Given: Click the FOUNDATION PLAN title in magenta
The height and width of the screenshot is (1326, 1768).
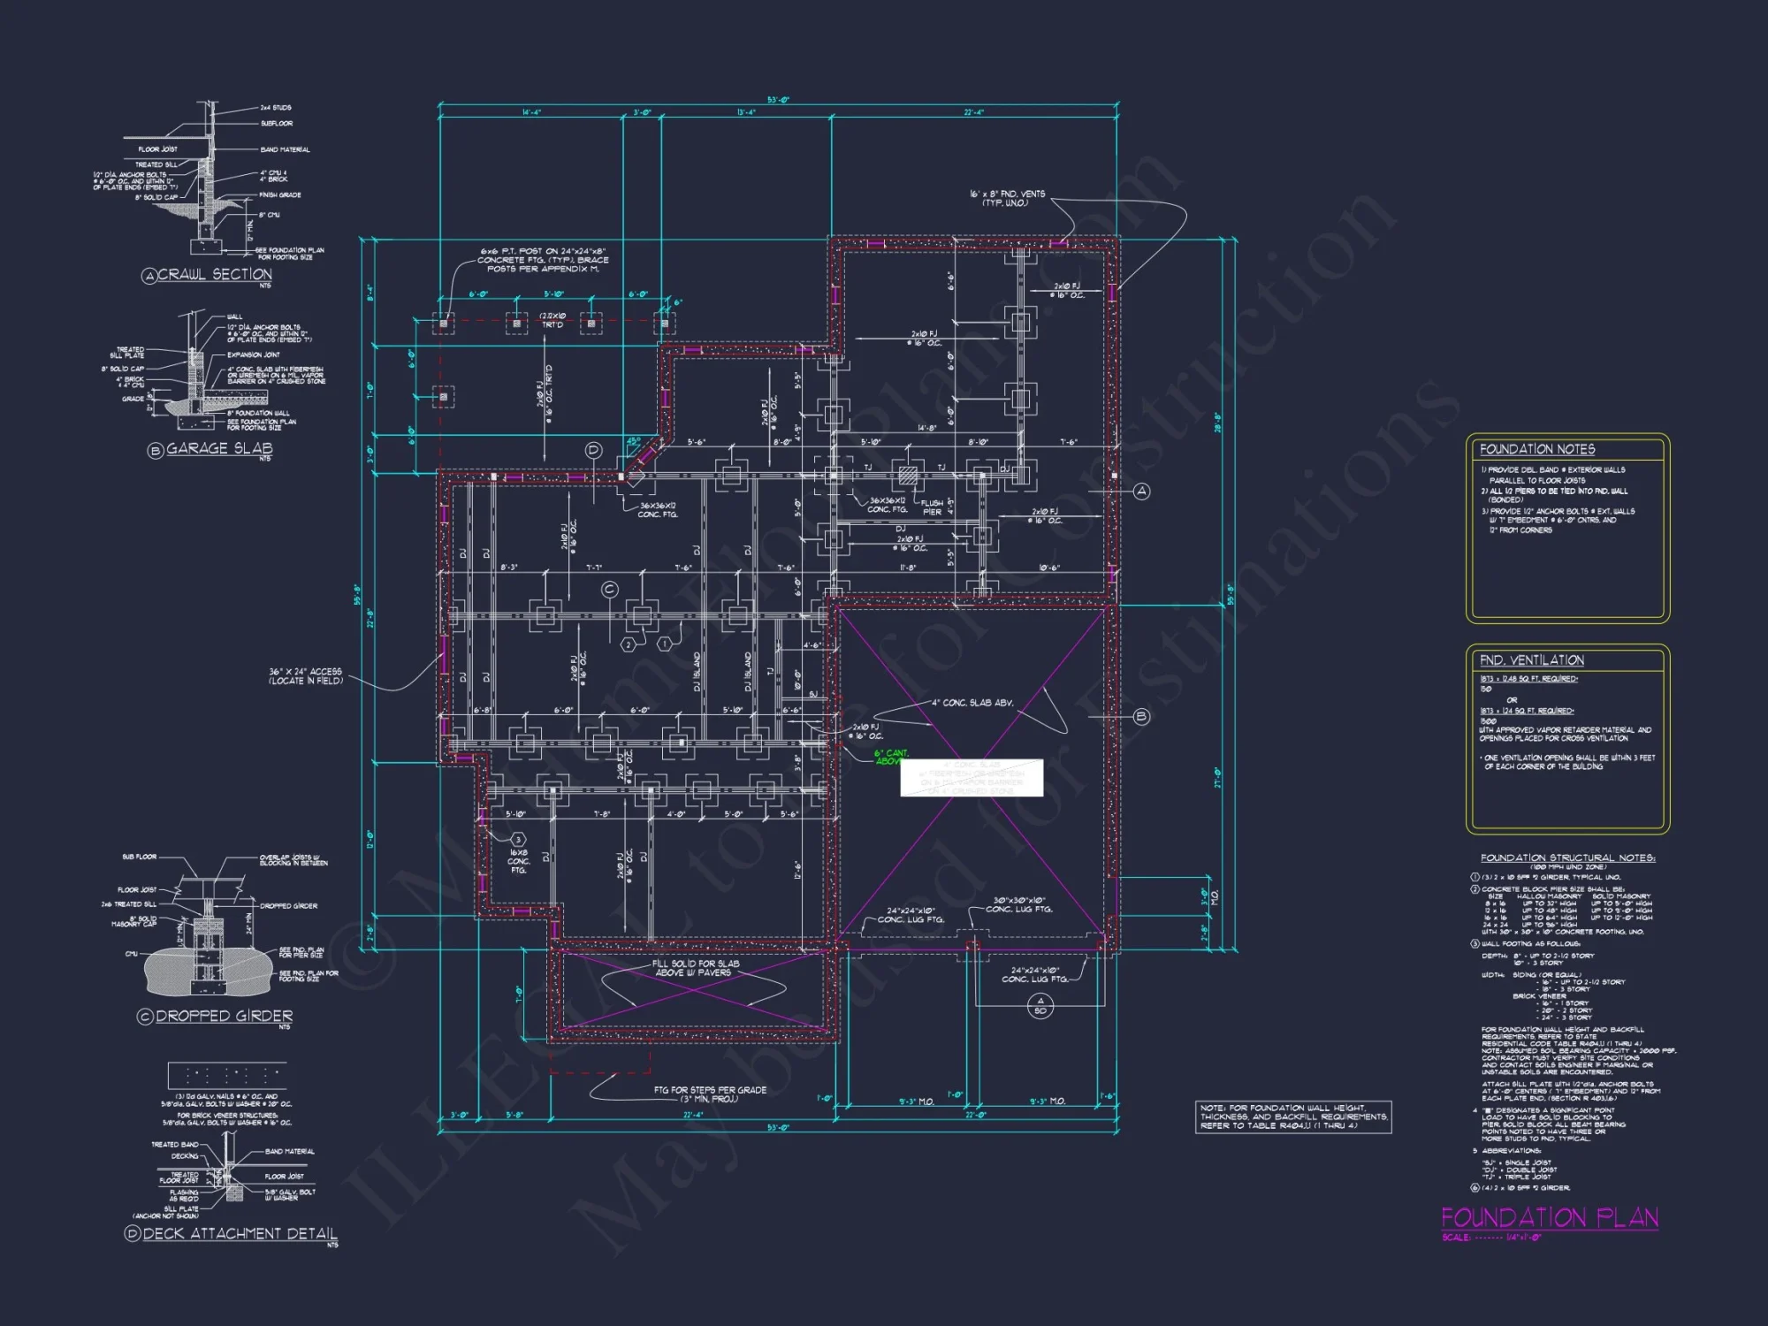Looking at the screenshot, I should click(x=1549, y=1218).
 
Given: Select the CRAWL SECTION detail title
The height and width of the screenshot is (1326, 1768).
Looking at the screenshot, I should click(x=214, y=275).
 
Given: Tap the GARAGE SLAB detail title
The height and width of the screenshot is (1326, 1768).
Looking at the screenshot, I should click(x=218, y=449).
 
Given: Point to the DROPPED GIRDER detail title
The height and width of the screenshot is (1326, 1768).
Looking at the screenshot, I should click(x=224, y=1017).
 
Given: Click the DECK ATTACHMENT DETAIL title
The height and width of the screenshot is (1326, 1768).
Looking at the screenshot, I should click(x=239, y=1234).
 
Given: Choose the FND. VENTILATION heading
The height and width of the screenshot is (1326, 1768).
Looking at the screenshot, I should click(x=1531, y=660).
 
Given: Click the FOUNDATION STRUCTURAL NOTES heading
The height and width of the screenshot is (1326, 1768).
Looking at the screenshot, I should click(x=1567, y=857).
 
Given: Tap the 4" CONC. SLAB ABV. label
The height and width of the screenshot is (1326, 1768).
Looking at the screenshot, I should click(x=972, y=704).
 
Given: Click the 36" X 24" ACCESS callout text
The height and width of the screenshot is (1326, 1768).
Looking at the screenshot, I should click(x=305, y=676).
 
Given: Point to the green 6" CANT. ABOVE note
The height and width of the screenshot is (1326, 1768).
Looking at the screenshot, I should click(x=890, y=758).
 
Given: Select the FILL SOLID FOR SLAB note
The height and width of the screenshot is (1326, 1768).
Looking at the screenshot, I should click(x=695, y=968).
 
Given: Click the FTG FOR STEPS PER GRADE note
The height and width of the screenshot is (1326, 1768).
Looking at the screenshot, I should click(x=710, y=1094).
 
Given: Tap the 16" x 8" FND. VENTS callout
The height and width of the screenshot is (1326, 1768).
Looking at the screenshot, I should click(x=1007, y=198).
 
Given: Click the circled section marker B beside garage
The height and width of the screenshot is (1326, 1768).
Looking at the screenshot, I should click(x=1141, y=717).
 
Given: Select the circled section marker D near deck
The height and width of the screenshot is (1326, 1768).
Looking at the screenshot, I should click(x=593, y=450).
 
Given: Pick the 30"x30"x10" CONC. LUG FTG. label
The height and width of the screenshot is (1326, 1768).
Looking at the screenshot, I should click(x=1018, y=904).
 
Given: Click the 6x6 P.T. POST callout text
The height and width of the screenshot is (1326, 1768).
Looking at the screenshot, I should click(x=543, y=260).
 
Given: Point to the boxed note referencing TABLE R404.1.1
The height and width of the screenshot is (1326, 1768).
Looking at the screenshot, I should click(x=1293, y=1116).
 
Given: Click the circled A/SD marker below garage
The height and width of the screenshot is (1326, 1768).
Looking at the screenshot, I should click(x=1040, y=1005).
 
